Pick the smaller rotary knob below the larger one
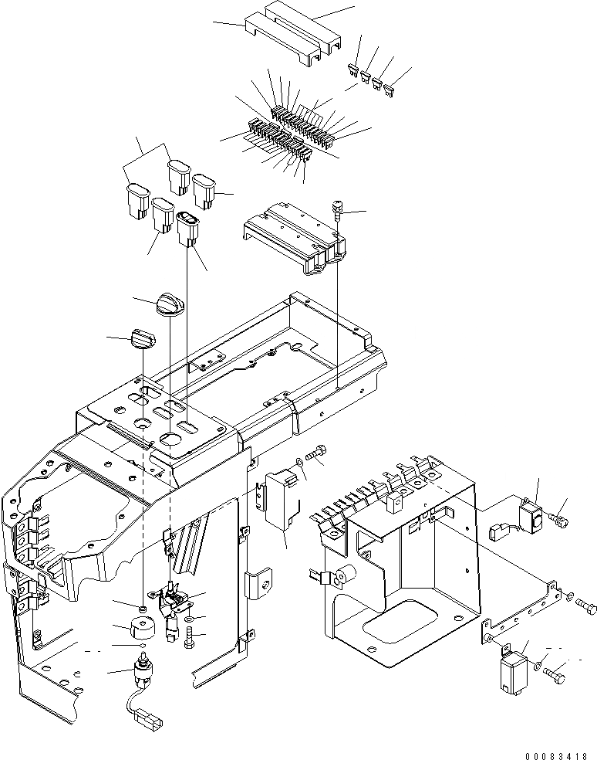coord(143,338)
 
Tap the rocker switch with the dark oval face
coord(188,229)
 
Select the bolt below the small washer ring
coord(190,637)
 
